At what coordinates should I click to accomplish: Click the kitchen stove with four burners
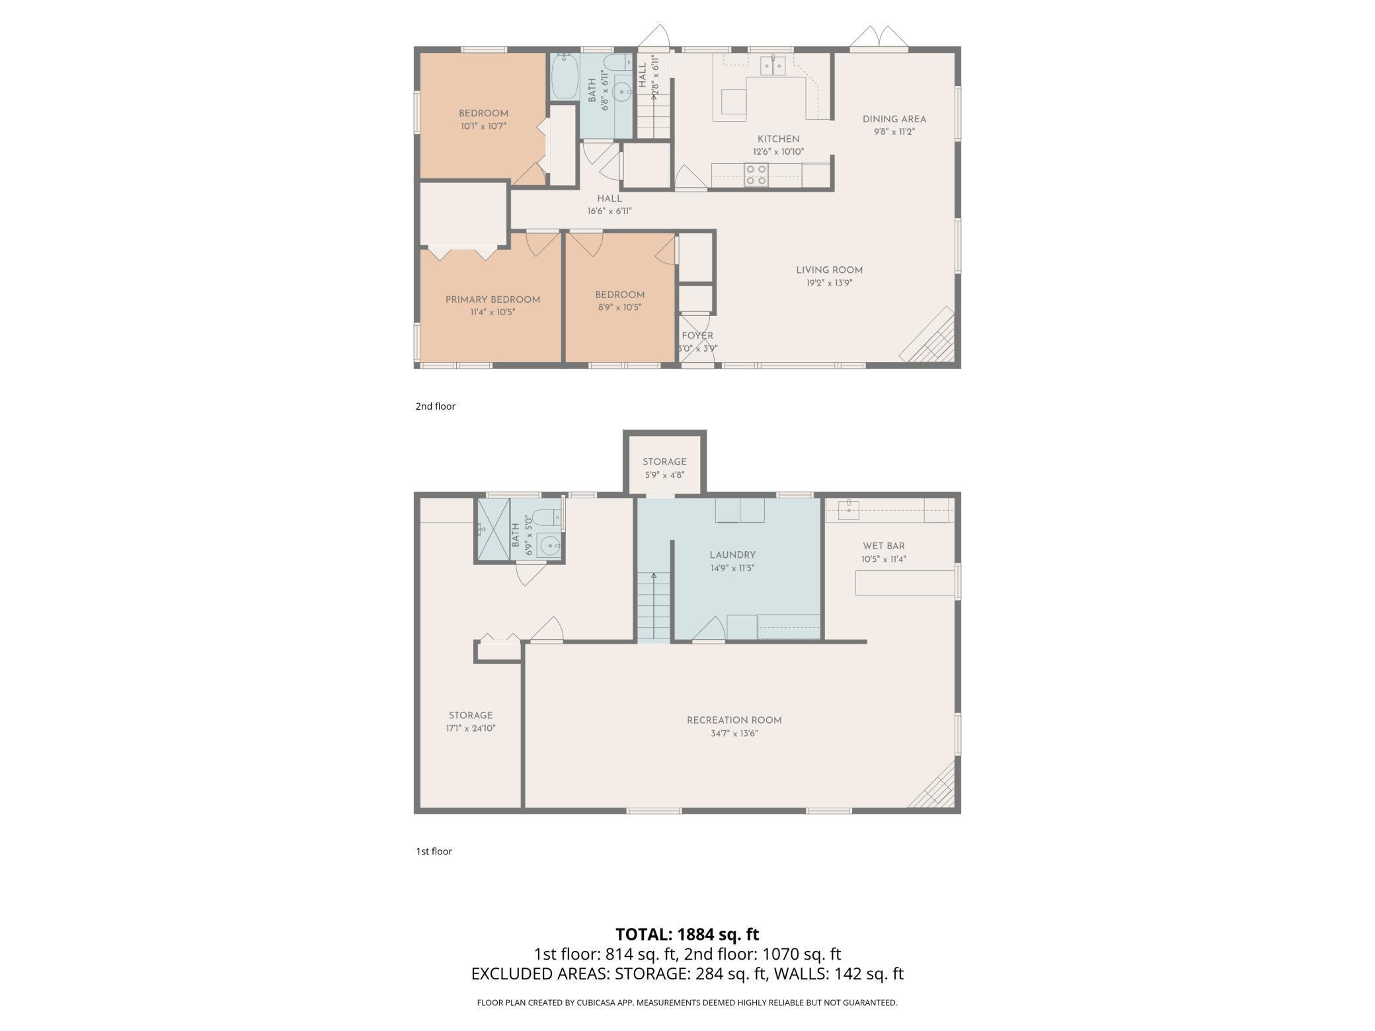click(x=756, y=174)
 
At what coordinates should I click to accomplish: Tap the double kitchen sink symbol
click(x=772, y=65)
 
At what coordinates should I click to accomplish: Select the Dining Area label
click(x=894, y=119)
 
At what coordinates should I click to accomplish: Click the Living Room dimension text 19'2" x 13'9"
click(x=829, y=283)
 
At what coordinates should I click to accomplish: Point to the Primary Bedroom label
click(x=492, y=299)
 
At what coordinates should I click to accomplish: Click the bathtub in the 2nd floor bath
click(x=565, y=77)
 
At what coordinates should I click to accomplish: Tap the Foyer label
click(x=697, y=336)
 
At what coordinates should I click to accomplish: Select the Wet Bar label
click(x=883, y=546)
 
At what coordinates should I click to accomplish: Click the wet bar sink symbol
click(x=849, y=508)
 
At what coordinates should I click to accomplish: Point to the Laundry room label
click(x=732, y=555)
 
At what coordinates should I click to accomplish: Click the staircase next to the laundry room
click(x=653, y=605)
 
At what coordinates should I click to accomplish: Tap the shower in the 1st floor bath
click(x=493, y=528)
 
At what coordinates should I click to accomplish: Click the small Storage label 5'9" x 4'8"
click(x=664, y=462)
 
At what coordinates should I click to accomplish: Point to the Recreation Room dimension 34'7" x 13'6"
click(x=734, y=733)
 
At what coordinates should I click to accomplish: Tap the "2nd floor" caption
click(x=435, y=406)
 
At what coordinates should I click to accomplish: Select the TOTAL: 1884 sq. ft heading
click(x=687, y=934)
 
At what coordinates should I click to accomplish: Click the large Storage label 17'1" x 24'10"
click(x=470, y=715)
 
